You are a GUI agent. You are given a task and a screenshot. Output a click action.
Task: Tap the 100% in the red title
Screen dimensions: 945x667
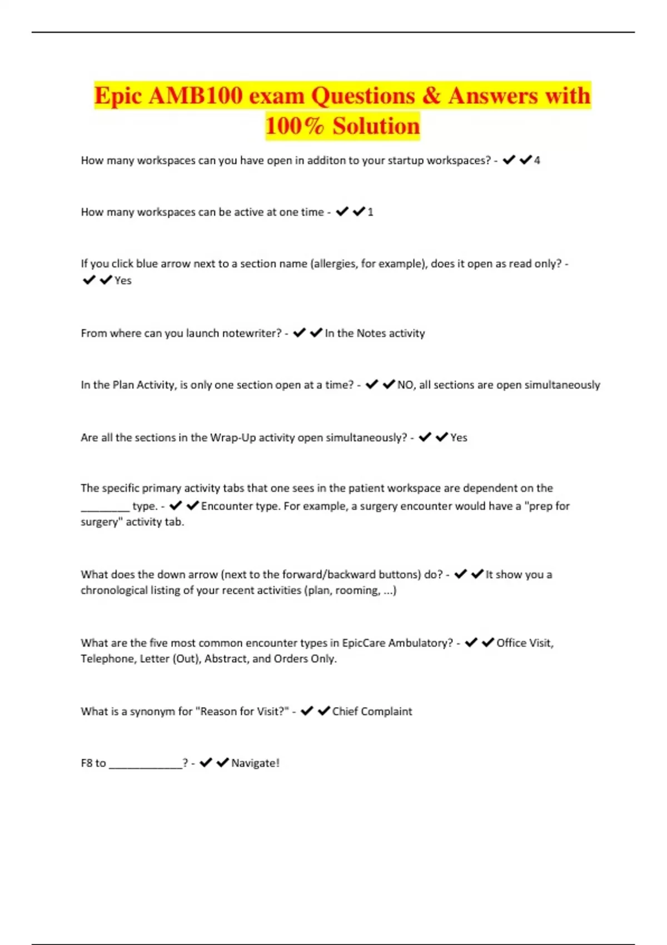(295, 126)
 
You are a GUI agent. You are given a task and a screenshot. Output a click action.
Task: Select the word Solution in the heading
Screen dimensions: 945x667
(376, 126)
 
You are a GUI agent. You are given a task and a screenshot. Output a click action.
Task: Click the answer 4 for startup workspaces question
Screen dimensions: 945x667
(537, 161)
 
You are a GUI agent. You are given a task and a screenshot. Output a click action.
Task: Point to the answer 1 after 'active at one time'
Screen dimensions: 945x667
(371, 212)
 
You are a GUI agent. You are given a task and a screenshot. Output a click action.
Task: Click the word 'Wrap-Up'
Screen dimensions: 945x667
(233, 437)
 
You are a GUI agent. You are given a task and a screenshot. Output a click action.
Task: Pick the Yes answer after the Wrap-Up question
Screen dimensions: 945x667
(459, 437)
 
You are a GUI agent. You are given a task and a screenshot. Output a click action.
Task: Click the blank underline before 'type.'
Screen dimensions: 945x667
(105, 507)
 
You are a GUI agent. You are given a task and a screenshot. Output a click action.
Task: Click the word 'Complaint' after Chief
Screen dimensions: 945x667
(386, 712)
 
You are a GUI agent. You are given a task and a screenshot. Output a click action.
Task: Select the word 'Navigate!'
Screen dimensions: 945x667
(255, 763)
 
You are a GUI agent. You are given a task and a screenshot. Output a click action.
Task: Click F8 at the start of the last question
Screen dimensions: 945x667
(87, 763)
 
